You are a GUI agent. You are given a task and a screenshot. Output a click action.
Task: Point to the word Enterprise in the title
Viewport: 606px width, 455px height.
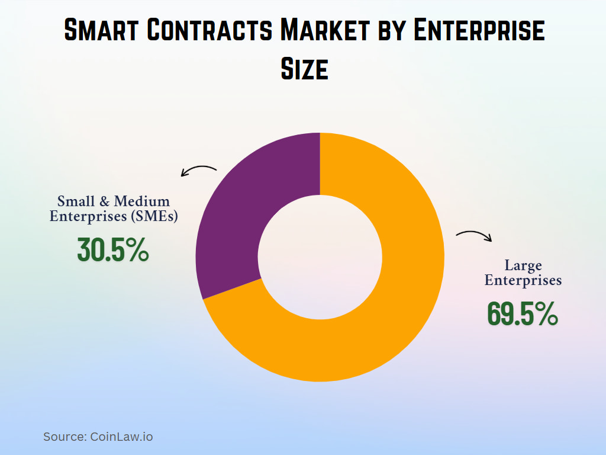click(x=479, y=31)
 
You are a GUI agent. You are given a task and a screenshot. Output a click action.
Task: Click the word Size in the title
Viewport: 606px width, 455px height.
click(x=304, y=69)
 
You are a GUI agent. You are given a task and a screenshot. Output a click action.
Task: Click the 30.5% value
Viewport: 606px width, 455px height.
click(x=113, y=251)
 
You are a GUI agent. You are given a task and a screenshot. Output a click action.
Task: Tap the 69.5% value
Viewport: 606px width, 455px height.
click(x=523, y=314)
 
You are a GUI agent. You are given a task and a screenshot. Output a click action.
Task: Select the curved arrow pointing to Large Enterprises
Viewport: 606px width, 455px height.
click(x=474, y=236)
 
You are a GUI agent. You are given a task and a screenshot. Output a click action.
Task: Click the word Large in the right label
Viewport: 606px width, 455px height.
click(x=523, y=265)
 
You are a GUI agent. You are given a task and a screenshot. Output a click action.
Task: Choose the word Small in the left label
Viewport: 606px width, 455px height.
click(x=75, y=201)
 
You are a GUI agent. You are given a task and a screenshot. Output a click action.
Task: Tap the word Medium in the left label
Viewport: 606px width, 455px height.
click(x=141, y=201)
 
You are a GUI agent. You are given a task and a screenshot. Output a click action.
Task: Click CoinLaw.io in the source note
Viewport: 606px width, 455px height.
click(x=121, y=437)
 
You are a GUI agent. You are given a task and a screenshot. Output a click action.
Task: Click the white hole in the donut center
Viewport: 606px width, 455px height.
click(x=320, y=257)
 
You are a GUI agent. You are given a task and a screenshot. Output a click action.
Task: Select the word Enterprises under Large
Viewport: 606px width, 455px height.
click(x=523, y=280)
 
